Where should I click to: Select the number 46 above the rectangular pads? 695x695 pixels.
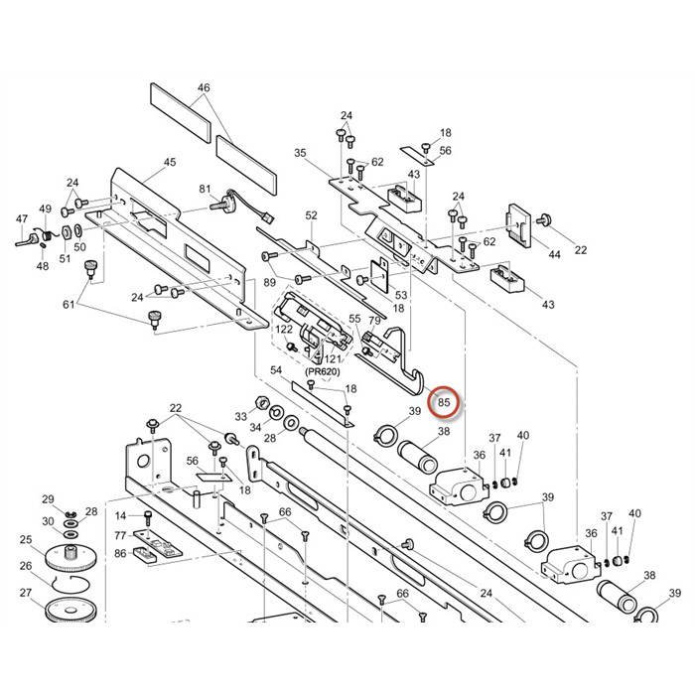(204, 88)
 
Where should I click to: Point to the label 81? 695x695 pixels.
(206, 189)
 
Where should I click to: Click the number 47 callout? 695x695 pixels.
(22, 218)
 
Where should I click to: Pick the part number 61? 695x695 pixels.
(69, 304)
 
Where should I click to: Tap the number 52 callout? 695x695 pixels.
(311, 215)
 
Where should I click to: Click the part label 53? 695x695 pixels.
(401, 295)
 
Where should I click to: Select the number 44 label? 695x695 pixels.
(554, 255)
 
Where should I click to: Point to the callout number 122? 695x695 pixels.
(284, 329)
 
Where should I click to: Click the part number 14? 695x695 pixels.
(121, 515)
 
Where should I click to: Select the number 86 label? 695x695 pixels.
(120, 553)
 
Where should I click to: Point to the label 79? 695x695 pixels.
(374, 321)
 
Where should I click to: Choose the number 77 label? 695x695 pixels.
(120, 535)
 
